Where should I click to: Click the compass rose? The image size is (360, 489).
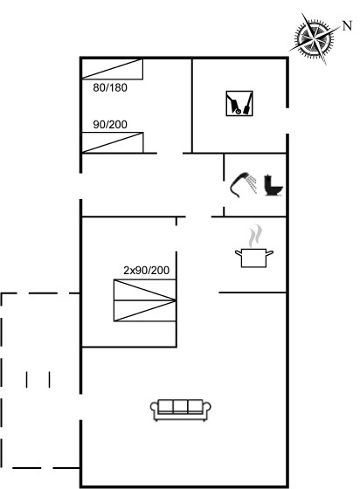[x=315, y=39]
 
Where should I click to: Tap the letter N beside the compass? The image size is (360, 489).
[x=347, y=25]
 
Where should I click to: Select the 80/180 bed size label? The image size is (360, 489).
[x=110, y=87]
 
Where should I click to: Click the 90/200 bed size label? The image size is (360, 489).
[x=110, y=124]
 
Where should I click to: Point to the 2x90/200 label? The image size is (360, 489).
[x=146, y=270]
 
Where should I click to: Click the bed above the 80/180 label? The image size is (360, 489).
[x=113, y=69]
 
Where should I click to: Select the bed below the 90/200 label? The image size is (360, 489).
[x=113, y=142]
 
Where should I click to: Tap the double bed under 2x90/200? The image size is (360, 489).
[x=145, y=300]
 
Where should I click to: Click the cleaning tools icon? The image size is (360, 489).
[x=239, y=104]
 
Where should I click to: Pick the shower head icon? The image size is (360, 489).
[x=239, y=183]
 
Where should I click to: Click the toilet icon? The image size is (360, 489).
[x=273, y=185]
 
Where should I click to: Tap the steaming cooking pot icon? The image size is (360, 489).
[x=254, y=246]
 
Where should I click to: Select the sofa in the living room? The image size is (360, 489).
[x=181, y=410]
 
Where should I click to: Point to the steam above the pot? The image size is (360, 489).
[x=255, y=236]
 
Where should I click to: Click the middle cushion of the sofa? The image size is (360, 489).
[x=181, y=406]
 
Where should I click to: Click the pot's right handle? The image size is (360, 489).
[x=269, y=252]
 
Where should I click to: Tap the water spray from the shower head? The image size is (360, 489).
[x=252, y=183]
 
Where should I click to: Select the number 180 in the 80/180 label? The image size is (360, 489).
[x=118, y=87]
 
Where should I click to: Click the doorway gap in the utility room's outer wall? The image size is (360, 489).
[x=287, y=121]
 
